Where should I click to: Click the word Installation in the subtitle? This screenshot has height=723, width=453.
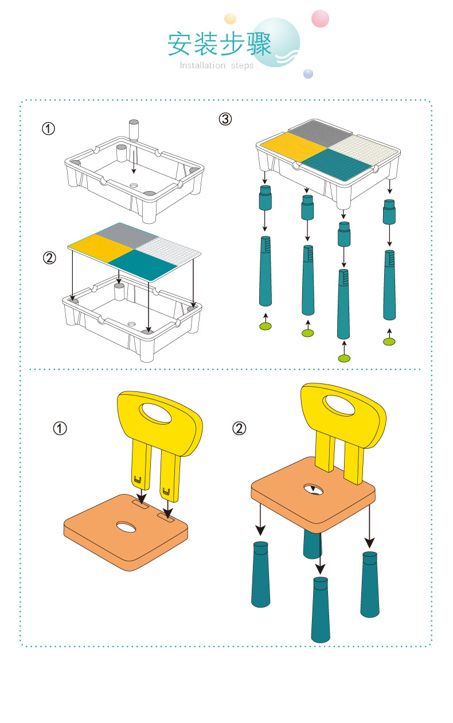pyautogui.click(x=202, y=65)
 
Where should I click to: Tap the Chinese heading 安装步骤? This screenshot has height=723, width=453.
pyautogui.click(x=219, y=44)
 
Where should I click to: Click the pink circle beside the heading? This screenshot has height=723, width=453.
pyautogui.click(x=320, y=19)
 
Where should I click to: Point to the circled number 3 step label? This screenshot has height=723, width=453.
pyautogui.click(x=225, y=119)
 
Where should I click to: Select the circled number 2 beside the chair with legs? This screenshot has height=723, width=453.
pyautogui.click(x=240, y=428)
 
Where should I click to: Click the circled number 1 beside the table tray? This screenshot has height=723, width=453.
pyautogui.click(x=49, y=129)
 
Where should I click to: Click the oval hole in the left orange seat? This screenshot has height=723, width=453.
pyautogui.click(x=126, y=526)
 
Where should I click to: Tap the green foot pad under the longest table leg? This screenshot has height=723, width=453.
pyautogui.click(x=344, y=359)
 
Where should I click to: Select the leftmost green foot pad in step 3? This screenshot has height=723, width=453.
pyautogui.click(x=265, y=326)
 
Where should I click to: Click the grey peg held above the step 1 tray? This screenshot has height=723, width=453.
pyautogui.click(x=134, y=130)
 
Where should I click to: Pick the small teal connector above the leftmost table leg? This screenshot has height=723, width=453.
pyautogui.click(x=265, y=199)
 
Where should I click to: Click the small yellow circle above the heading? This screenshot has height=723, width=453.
pyautogui.click(x=230, y=18)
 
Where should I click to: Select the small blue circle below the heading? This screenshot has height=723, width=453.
pyautogui.click(x=308, y=73)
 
